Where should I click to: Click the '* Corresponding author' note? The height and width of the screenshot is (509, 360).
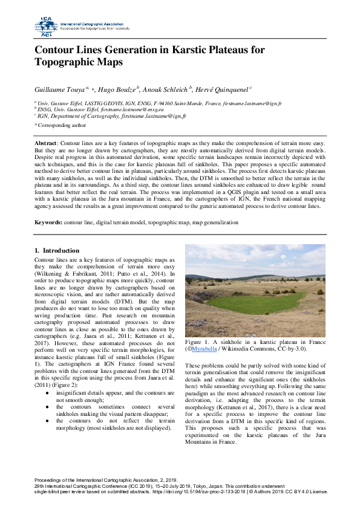60,125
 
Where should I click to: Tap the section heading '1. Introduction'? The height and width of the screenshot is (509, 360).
56,250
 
